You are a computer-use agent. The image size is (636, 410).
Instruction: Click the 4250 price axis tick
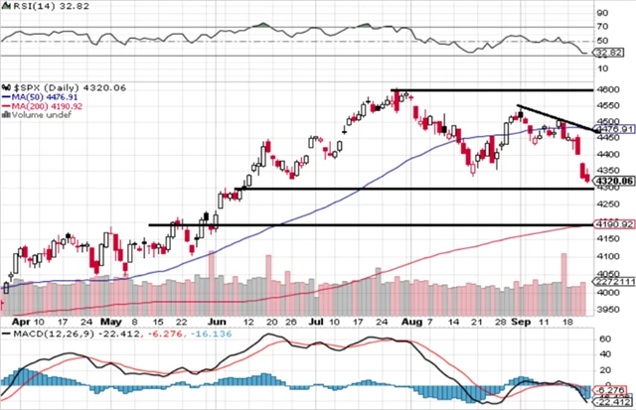(608, 205)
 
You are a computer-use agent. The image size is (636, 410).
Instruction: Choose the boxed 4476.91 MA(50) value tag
(610, 128)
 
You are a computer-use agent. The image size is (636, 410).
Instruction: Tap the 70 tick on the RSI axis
(602, 27)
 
